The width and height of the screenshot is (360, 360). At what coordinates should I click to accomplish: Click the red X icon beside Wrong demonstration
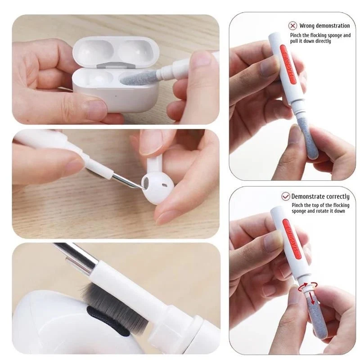click(x=292, y=26)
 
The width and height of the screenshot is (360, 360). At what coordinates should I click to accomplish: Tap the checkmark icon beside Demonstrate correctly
click(x=286, y=197)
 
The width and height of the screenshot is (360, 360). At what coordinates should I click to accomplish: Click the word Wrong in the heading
click(x=306, y=26)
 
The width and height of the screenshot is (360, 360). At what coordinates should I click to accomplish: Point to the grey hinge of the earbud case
click(x=115, y=65)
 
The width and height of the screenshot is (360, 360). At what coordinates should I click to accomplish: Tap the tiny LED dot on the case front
click(x=116, y=96)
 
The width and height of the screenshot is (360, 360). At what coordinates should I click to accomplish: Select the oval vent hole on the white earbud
click(x=164, y=184)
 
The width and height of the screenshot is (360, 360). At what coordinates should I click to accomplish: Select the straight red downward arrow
click(x=312, y=298)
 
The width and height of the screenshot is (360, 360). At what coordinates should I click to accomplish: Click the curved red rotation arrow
click(x=307, y=286)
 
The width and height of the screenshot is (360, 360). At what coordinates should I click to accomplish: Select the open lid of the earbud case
click(x=116, y=50)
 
